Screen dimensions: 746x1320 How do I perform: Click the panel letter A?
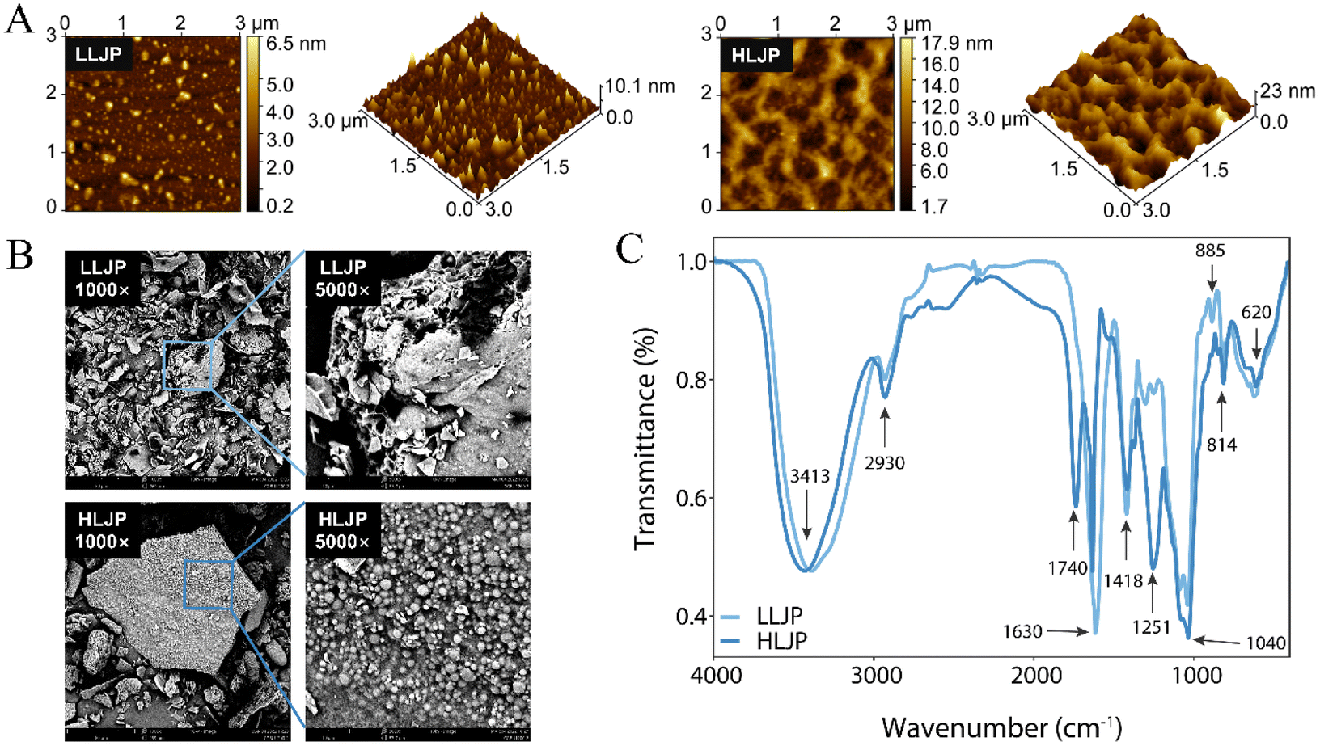pyautogui.click(x=19, y=19)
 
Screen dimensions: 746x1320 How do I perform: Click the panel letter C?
pyautogui.click(x=629, y=249)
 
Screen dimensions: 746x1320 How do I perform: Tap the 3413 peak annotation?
pyautogui.click(x=810, y=476)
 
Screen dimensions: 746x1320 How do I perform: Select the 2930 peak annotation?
pyautogui.click(x=884, y=463)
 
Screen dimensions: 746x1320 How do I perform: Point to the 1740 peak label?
pyautogui.click(x=1068, y=568)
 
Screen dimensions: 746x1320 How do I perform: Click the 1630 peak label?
pyautogui.click(x=1022, y=631)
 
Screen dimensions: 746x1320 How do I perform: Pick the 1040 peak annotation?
pyautogui.click(x=1266, y=643)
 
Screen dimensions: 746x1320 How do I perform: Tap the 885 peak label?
pyautogui.click(x=1210, y=251)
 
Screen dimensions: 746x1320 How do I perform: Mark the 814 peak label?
pyautogui.click(x=1221, y=445)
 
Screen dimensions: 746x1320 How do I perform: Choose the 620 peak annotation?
pyautogui.click(x=1256, y=312)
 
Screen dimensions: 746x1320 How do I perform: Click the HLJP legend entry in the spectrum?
pyautogui.click(x=781, y=642)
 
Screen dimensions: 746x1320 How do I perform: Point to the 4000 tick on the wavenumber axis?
pyautogui.click(x=717, y=676)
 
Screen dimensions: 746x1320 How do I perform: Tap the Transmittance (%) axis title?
pyautogui.click(x=645, y=439)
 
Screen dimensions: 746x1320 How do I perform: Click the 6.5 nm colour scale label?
pyautogui.click(x=296, y=44)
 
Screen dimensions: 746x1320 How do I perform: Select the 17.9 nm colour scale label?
pyautogui.click(x=957, y=44)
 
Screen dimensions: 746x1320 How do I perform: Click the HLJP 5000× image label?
pyautogui.click(x=343, y=530)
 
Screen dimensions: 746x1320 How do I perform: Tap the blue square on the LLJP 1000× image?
pyautogui.click(x=187, y=365)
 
